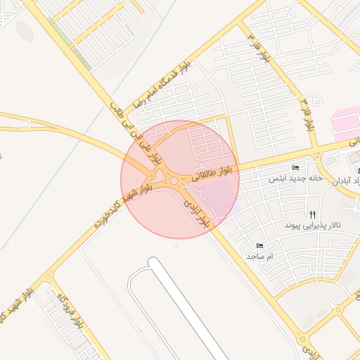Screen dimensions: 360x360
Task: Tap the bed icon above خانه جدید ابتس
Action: (295, 167)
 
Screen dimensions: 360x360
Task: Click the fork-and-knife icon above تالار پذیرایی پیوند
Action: (312, 214)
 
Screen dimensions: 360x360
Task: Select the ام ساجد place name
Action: (259, 257)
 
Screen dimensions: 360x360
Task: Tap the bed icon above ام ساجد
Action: (259, 246)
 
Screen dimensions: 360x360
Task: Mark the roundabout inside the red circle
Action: (173, 181)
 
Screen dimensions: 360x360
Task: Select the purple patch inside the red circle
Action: (222, 193)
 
